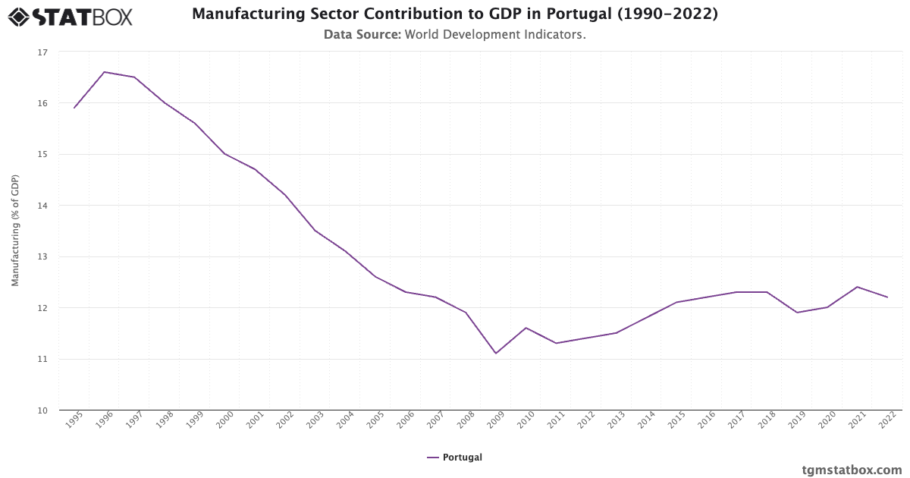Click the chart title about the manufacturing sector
pos(455,14)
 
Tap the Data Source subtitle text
pos(455,34)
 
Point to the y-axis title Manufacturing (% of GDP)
pos(15,231)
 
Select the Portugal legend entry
pos(455,458)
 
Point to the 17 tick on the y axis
pos(42,52)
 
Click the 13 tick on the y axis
pos(42,257)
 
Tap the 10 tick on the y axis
pos(42,410)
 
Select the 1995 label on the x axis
pos(74,422)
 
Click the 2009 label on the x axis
pos(495,422)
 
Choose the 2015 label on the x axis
pos(676,422)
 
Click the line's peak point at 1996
pos(104,72)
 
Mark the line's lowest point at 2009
pos(496,354)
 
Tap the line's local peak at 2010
pos(526,328)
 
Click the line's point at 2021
pos(857,287)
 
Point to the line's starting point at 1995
pos(74,108)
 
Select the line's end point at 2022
pos(887,297)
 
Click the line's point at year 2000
pos(224,154)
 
